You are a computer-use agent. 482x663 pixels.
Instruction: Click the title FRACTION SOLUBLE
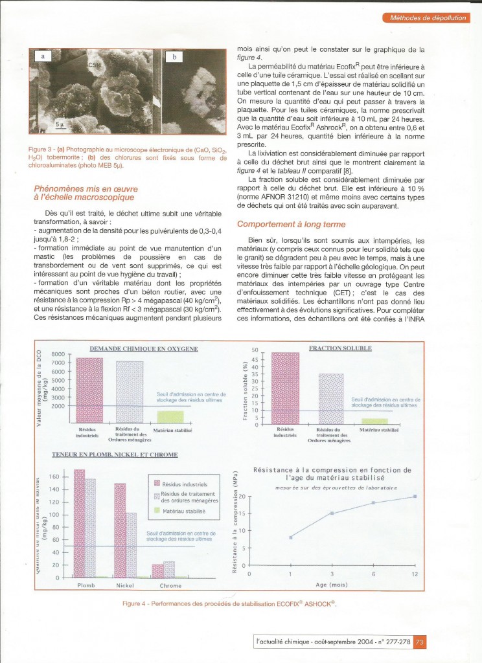tap(340, 348)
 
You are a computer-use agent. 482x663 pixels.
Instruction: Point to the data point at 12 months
tap(415, 496)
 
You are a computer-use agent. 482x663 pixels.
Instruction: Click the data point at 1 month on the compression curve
tap(291, 537)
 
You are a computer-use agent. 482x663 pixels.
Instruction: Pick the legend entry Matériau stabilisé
tap(179, 511)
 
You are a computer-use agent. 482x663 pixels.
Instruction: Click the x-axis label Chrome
tap(170, 586)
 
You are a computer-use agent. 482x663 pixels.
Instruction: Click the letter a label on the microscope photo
tap(43, 57)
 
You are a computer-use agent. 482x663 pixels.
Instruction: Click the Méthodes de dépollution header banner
tap(427, 18)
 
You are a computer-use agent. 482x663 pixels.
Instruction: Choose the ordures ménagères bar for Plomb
tap(90, 528)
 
